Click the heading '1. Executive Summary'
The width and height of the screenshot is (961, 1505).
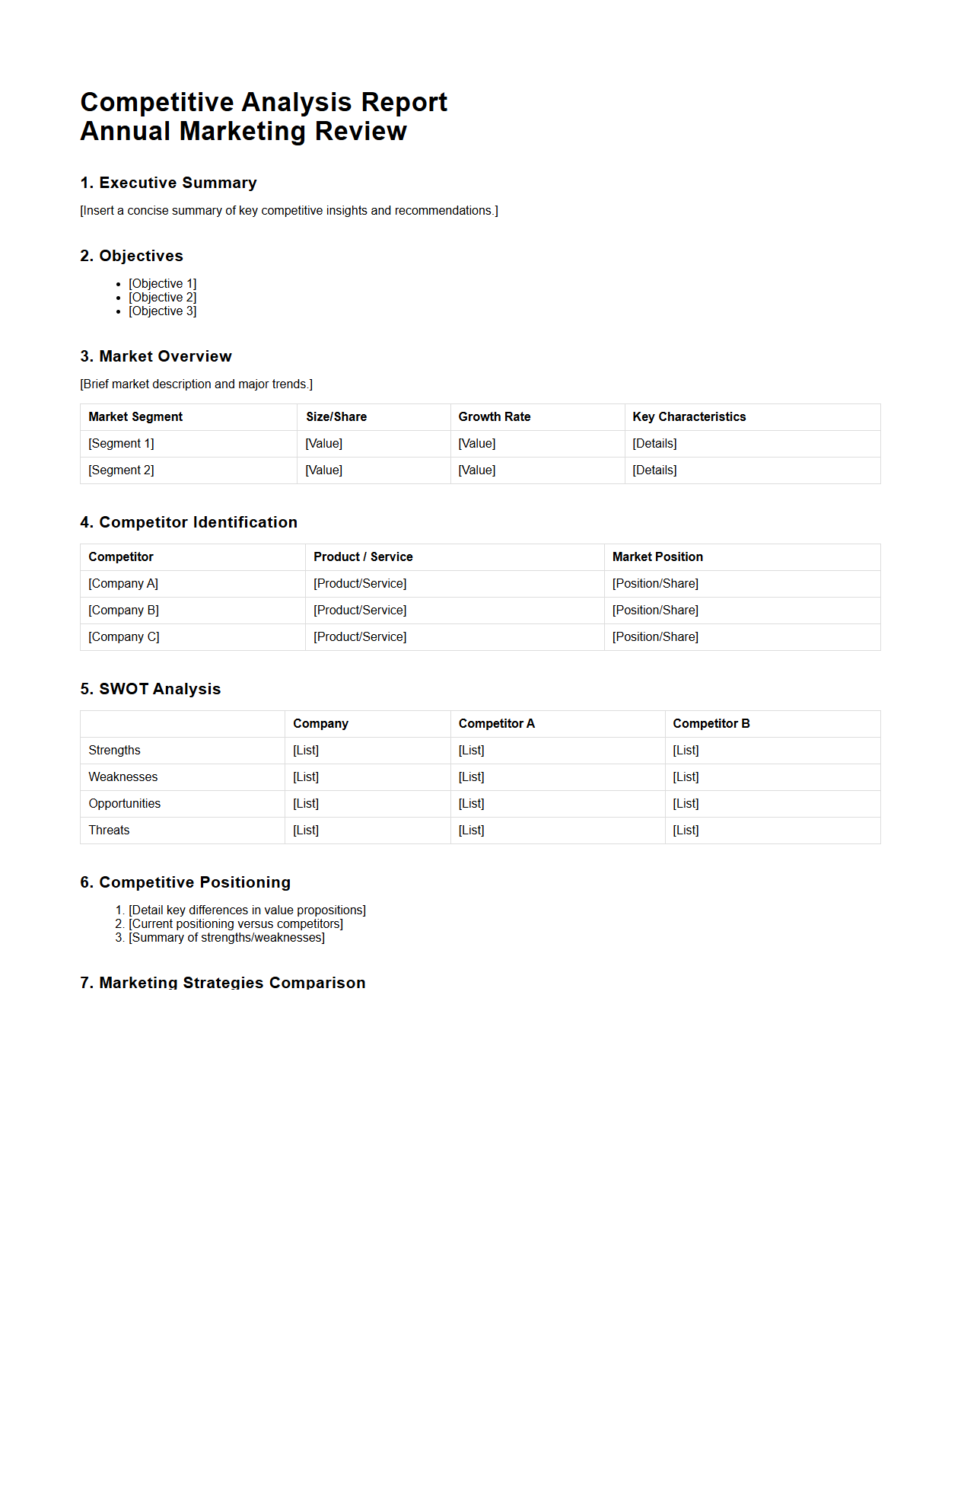tap(168, 183)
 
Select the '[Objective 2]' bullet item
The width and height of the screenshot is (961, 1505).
tap(162, 297)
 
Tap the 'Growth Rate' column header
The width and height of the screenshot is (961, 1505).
tap(494, 416)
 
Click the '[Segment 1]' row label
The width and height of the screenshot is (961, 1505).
tap(121, 443)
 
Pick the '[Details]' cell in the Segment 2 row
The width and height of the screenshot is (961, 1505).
tap(654, 470)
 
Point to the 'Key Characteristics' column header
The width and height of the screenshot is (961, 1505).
tap(689, 416)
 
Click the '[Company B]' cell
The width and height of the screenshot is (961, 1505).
tap(123, 610)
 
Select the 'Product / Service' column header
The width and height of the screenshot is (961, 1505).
tap(363, 556)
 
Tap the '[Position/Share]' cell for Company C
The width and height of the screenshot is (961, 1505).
tap(655, 636)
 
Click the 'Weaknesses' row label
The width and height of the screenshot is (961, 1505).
tap(123, 776)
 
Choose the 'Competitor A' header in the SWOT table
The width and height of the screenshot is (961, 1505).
tap(496, 723)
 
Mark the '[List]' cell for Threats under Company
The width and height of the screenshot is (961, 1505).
tap(306, 830)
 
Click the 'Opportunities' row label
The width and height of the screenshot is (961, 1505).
tap(124, 803)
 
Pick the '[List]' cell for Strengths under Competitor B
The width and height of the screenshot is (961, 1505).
tap(686, 750)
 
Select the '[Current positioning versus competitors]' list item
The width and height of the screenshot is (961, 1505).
tap(236, 923)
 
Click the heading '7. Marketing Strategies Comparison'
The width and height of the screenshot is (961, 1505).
tap(223, 982)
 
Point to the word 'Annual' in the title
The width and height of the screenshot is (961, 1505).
tap(126, 131)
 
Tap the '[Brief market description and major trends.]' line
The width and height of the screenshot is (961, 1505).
tap(196, 384)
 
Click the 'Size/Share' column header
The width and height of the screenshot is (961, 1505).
tap(336, 416)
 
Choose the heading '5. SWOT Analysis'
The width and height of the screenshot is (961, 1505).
tap(151, 689)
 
